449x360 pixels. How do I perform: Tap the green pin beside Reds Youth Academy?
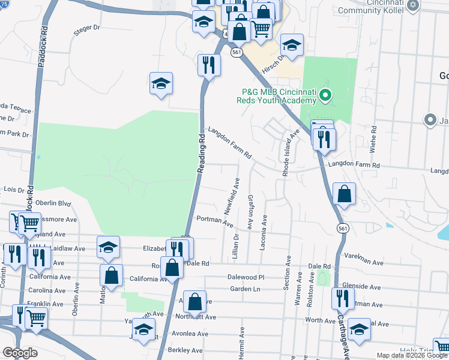click(325, 95)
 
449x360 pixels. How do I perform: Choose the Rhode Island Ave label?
click(288, 150)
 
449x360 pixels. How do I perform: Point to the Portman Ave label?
click(214, 220)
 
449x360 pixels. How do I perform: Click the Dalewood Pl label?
click(246, 277)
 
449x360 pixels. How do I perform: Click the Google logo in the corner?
click(19, 352)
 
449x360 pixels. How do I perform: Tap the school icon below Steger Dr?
click(161, 83)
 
